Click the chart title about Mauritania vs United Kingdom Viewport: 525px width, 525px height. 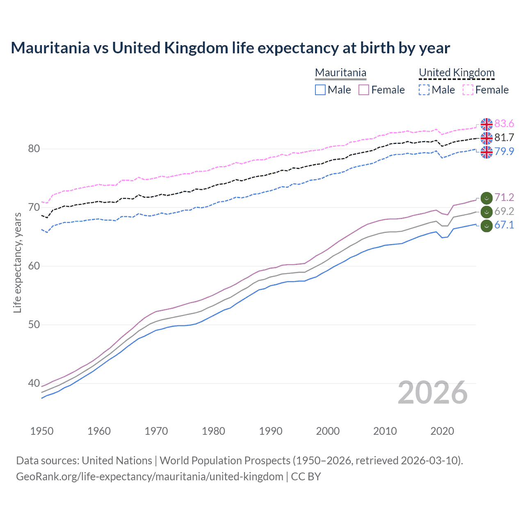(x=230, y=48)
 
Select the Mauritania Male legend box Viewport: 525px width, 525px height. (x=320, y=90)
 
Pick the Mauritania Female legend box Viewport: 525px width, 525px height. (x=364, y=90)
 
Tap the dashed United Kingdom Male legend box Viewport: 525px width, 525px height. (x=424, y=90)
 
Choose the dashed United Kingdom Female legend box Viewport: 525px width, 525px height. (x=468, y=90)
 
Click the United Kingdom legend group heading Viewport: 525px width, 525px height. (x=457, y=73)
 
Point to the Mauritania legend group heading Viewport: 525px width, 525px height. (x=340, y=73)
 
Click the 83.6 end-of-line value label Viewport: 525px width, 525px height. (x=504, y=124)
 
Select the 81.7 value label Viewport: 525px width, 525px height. (x=504, y=137)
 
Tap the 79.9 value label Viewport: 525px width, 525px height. (x=504, y=151)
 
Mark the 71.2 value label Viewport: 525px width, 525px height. (x=504, y=197)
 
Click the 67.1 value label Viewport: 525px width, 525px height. (x=504, y=225)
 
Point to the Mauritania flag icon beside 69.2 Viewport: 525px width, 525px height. (x=486, y=212)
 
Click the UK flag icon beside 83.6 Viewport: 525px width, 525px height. (x=486, y=124)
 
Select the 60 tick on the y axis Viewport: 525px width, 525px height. (x=34, y=266)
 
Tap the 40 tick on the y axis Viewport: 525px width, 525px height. (x=34, y=383)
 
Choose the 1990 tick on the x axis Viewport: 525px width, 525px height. (x=271, y=431)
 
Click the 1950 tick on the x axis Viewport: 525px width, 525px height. (x=42, y=431)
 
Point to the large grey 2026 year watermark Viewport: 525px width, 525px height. (x=432, y=393)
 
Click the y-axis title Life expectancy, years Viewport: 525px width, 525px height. (x=17, y=262)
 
